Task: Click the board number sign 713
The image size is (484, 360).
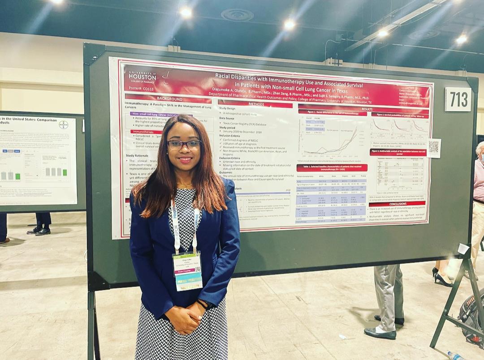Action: (x=458, y=99)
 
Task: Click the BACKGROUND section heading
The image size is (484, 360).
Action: (x=169, y=99)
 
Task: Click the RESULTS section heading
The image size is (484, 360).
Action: (x=367, y=109)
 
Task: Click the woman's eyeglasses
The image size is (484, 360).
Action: (x=184, y=145)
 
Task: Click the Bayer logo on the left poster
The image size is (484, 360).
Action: (x=64, y=124)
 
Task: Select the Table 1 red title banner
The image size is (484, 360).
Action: (x=332, y=167)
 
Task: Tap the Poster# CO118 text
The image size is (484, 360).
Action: (x=140, y=88)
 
